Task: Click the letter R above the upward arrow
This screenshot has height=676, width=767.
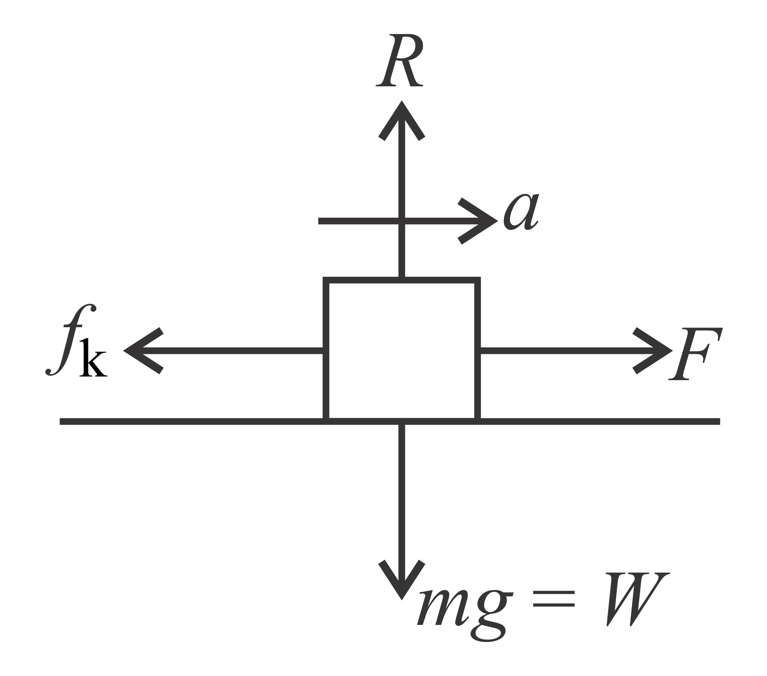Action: (399, 61)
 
